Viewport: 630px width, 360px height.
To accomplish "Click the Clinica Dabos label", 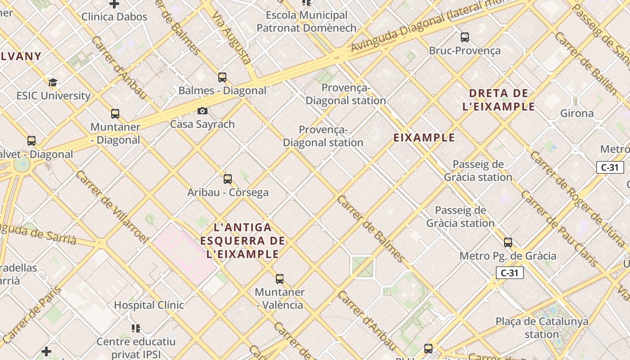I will [x=114, y=17].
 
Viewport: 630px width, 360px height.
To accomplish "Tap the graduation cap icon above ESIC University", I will [x=53, y=82].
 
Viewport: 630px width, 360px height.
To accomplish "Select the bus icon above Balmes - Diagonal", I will [x=222, y=77].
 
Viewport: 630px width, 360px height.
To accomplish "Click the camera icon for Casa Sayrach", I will [x=202, y=111].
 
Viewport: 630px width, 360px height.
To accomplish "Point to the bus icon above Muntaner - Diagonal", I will [x=115, y=113].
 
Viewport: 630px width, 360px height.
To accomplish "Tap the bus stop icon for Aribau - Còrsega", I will [x=228, y=179].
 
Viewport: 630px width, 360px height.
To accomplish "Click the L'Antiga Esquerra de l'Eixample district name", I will [x=243, y=241].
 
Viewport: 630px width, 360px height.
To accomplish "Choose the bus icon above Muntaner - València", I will [x=280, y=279].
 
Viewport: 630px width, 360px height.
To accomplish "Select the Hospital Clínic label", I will [x=149, y=305].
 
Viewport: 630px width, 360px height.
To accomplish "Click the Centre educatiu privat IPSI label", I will [x=136, y=348].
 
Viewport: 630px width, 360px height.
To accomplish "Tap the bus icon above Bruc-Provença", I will [x=465, y=37].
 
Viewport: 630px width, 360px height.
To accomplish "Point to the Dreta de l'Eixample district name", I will [x=499, y=100].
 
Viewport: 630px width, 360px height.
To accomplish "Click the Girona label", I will [x=577, y=113].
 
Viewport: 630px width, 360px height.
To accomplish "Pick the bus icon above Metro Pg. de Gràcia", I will [x=508, y=242].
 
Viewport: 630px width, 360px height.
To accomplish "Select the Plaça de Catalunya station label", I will [x=542, y=328].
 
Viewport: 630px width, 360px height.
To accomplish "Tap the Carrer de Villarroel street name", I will [x=112, y=207].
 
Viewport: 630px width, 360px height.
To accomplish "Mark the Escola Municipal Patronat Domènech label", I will [x=306, y=22].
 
